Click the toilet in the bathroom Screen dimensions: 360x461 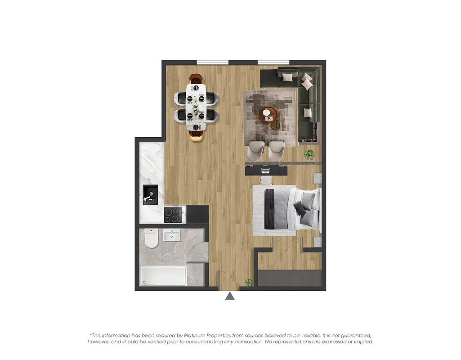pyautogui.click(x=152, y=239)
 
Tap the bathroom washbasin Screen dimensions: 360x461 pyautogui.click(x=172, y=235)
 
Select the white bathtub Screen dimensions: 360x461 pyautogui.click(x=163, y=275)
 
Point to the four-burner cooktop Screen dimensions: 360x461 pyautogui.click(x=173, y=215)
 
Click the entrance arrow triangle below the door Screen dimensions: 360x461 pyautogui.click(x=230, y=296)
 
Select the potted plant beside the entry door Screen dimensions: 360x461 pyautogui.click(x=249, y=282)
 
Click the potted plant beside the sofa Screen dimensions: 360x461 pyautogui.click(x=309, y=155)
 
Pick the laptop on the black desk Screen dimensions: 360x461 pyautogui.click(x=265, y=170)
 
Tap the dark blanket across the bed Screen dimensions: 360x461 pyautogui.click(x=270, y=210)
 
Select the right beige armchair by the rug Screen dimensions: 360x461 pyautogui.click(x=277, y=150)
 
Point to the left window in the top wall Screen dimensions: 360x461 pyautogui.click(x=212, y=62)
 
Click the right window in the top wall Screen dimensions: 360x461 pyautogui.click(x=273, y=62)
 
